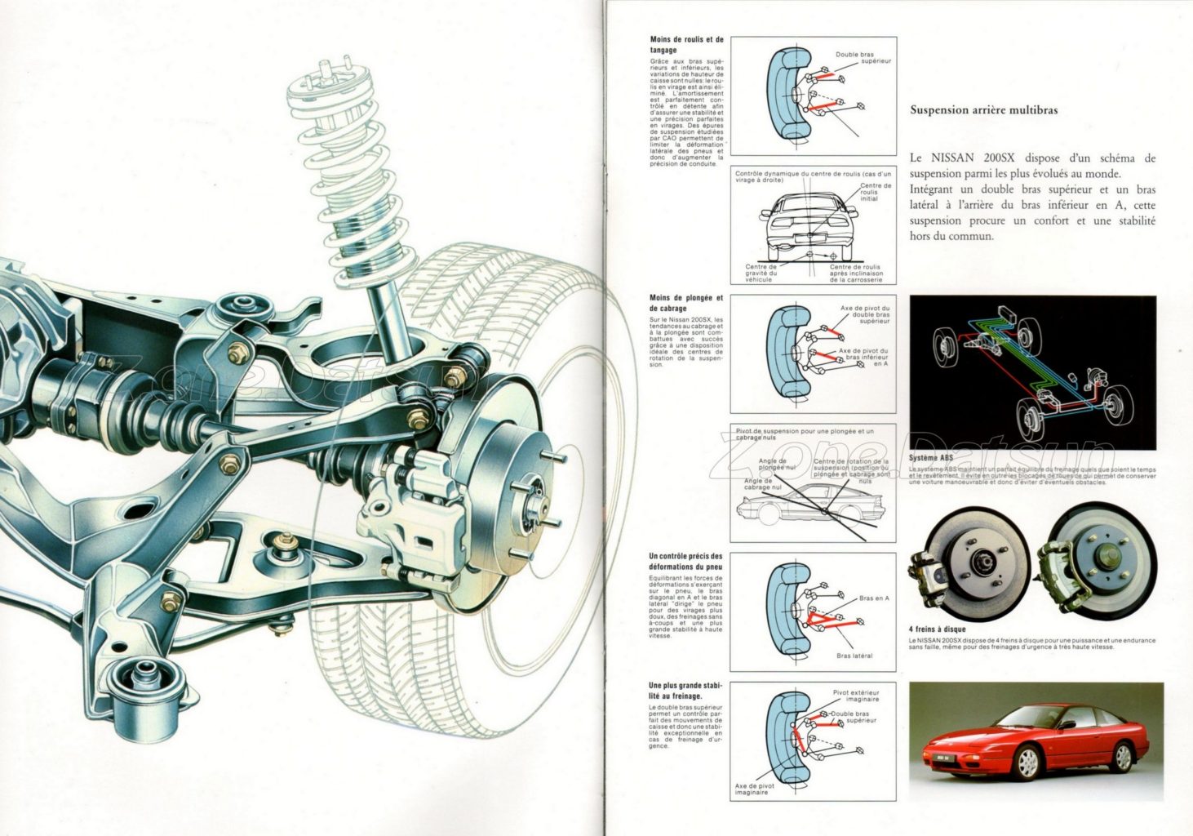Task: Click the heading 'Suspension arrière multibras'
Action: pos(983,110)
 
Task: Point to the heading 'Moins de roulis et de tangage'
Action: pos(686,44)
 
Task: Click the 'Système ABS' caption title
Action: pos(930,458)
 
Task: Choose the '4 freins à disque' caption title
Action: pos(937,629)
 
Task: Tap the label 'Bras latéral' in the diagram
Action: pos(854,656)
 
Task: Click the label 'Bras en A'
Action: pos(874,598)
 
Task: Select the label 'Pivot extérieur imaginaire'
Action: pos(856,696)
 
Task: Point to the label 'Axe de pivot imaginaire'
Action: pos(755,789)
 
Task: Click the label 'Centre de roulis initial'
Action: pos(875,192)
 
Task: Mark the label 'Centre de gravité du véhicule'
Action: pos(761,273)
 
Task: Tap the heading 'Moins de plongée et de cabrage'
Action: pos(686,303)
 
